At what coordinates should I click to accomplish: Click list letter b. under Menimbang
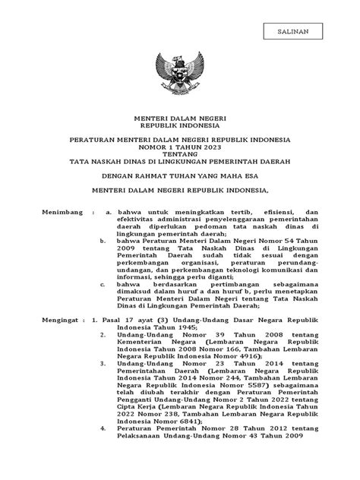click(x=103, y=240)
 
